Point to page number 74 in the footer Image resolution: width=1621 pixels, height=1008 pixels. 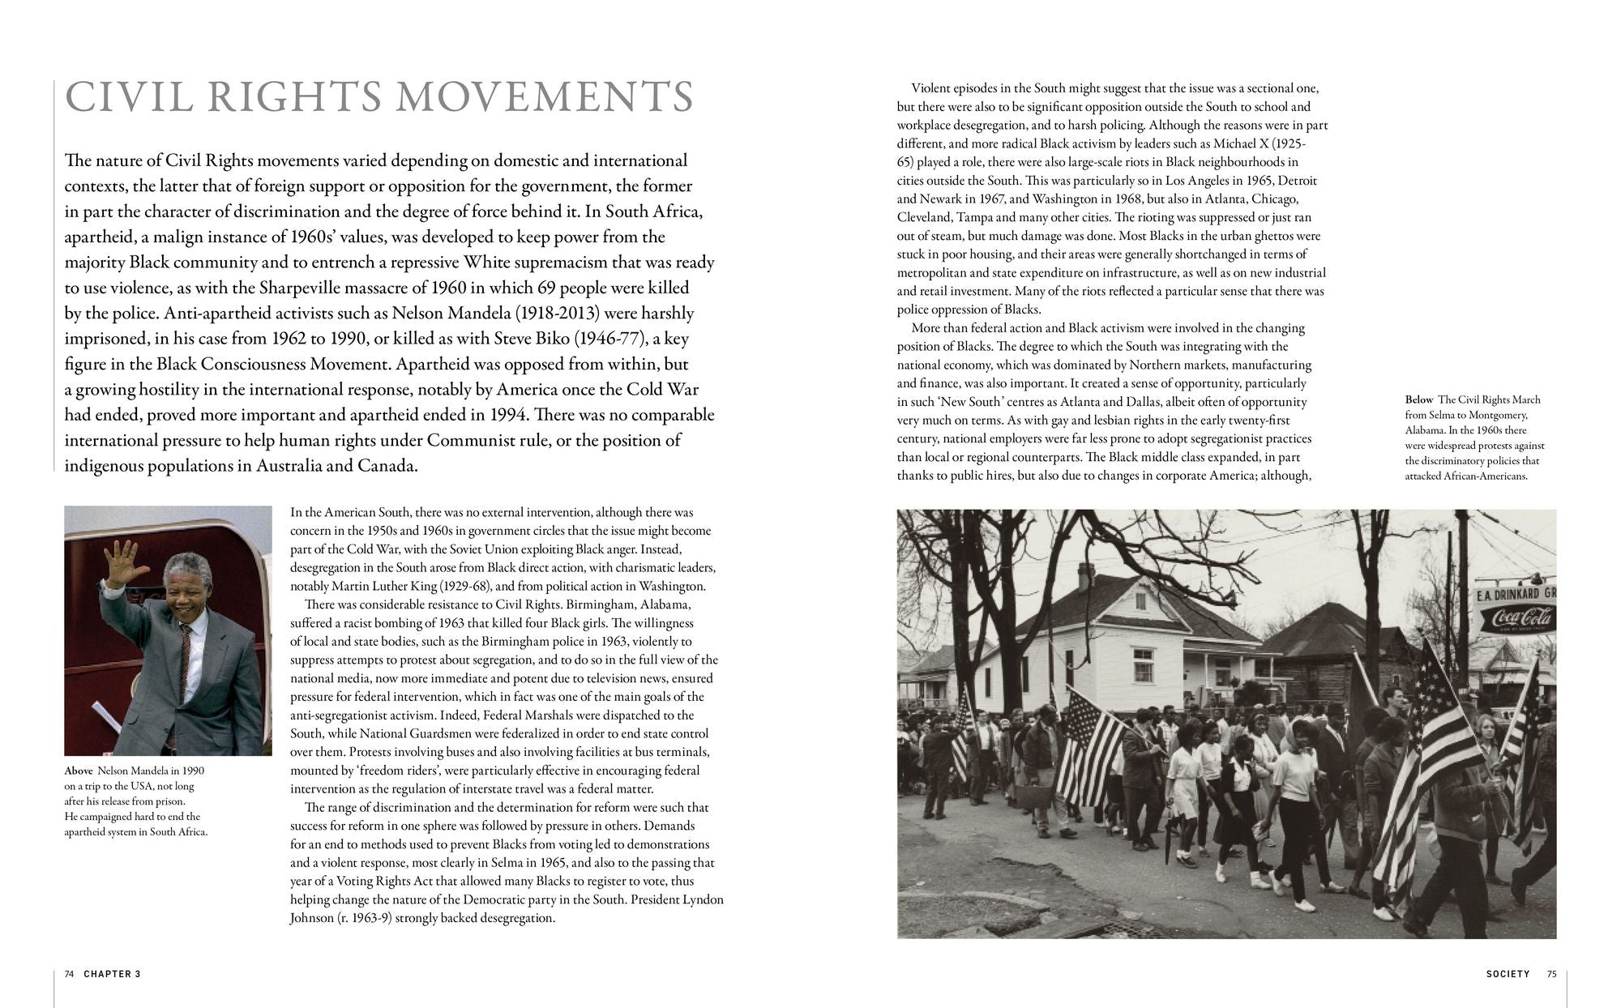point(69,974)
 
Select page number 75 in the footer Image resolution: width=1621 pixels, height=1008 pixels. point(1551,974)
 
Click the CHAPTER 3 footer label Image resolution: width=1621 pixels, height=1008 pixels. point(112,974)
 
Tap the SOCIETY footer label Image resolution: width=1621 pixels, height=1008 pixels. point(1507,974)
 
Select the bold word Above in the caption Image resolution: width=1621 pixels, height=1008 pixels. point(79,771)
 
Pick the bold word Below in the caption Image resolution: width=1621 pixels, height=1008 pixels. point(1419,399)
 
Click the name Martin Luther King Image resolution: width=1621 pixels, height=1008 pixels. point(383,586)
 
